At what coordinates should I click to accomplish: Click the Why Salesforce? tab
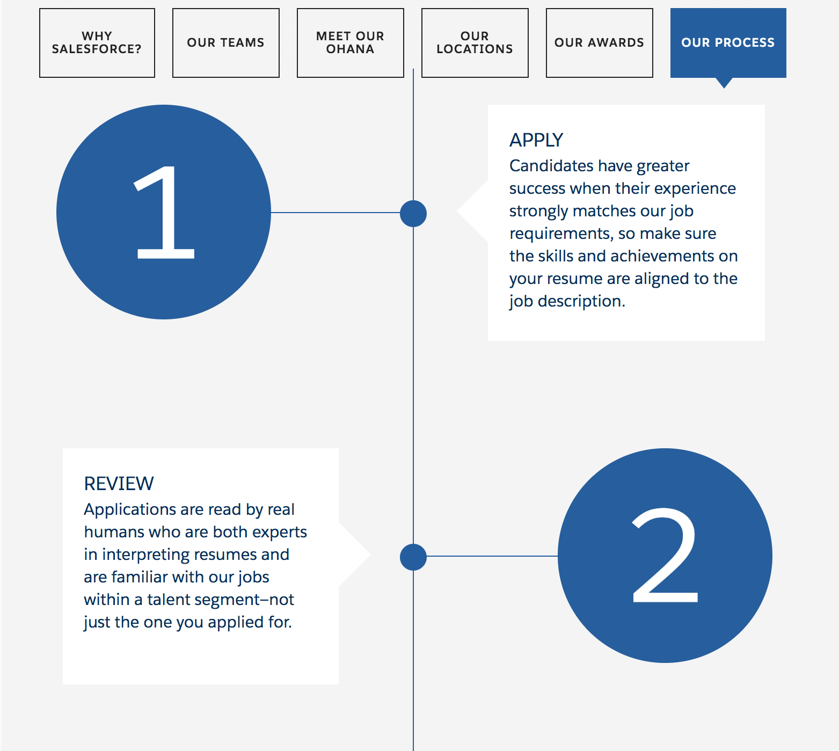coord(97,43)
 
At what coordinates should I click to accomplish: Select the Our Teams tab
coord(226,43)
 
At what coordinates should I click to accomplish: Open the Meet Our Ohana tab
coord(351,43)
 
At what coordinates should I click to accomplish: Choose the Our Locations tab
coord(475,43)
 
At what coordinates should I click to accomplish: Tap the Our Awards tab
coord(600,43)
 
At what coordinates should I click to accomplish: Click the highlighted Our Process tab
coord(728,43)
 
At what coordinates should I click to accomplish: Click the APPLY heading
coord(536,140)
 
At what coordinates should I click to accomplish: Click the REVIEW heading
coord(119,484)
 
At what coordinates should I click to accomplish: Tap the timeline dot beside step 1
coord(413,214)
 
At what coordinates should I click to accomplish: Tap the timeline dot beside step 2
coord(413,557)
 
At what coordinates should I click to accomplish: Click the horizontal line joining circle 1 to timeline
coord(335,213)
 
